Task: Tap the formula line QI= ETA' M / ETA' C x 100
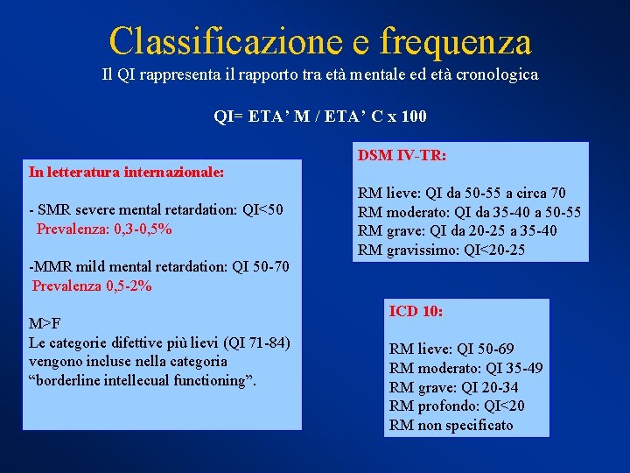(x=320, y=116)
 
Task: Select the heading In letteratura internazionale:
(x=127, y=173)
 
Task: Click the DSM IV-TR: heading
(x=402, y=155)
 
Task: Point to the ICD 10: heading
(x=416, y=311)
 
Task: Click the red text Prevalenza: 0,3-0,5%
(x=104, y=229)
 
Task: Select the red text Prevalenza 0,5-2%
(x=92, y=286)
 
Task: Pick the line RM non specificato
(x=451, y=426)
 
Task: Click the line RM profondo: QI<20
(x=457, y=406)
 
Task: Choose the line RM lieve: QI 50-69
(x=452, y=349)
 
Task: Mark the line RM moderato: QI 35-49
(x=465, y=368)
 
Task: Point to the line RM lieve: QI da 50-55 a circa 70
(x=462, y=193)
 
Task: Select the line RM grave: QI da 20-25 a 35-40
(x=458, y=231)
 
